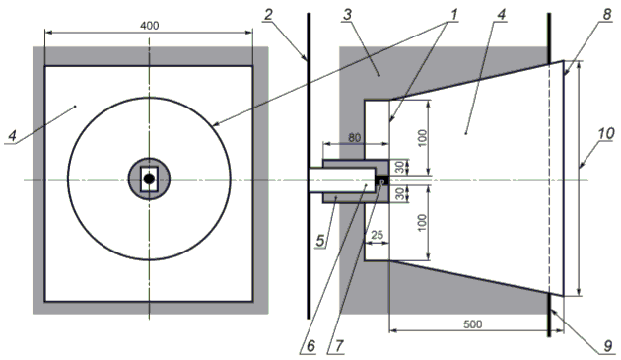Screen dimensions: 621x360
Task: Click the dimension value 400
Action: (149, 26)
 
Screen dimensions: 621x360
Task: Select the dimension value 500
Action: (472, 324)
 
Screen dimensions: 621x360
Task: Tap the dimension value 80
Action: (354, 137)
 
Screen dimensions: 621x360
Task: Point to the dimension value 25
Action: (377, 235)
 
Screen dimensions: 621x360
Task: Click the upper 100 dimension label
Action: (423, 137)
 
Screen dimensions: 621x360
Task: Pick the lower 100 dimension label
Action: (423, 223)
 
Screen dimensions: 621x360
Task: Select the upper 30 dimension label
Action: (400, 167)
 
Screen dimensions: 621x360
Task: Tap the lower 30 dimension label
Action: (400, 194)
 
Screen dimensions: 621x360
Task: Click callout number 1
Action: (453, 15)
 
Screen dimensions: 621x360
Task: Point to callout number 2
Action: (269, 15)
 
